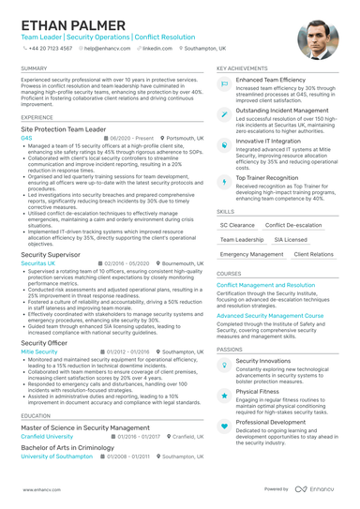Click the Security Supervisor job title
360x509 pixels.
point(51,254)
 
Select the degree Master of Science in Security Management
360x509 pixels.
point(86,427)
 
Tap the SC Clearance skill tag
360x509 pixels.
point(236,225)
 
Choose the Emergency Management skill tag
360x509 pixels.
point(252,254)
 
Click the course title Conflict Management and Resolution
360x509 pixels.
point(265,284)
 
